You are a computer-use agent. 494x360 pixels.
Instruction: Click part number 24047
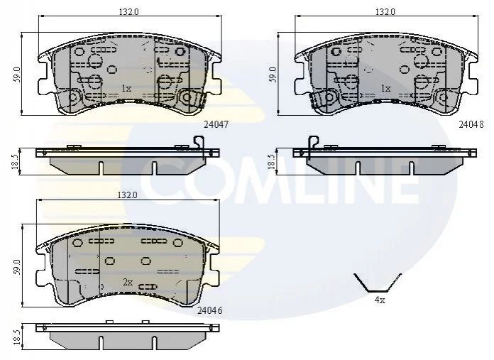(x=216, y=124)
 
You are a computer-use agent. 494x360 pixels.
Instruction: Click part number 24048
(x=471, y=124)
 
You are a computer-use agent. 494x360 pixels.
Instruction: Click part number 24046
(x=210, y=310)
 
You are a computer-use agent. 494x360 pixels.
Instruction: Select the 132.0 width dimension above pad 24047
(x=128, y=11)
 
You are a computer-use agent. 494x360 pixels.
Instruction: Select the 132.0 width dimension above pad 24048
(x=385, y=11)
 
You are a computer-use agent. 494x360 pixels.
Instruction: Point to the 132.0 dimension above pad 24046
(x=127, y=195)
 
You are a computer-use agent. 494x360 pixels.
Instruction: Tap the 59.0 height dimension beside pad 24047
(x=17, y=75)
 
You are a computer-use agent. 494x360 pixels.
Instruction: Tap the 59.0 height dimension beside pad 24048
(x=273, y=75)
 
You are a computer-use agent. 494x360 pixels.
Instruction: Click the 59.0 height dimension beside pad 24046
(x=17, y=267)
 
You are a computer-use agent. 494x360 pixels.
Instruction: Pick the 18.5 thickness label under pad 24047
(x=15, y=161)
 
